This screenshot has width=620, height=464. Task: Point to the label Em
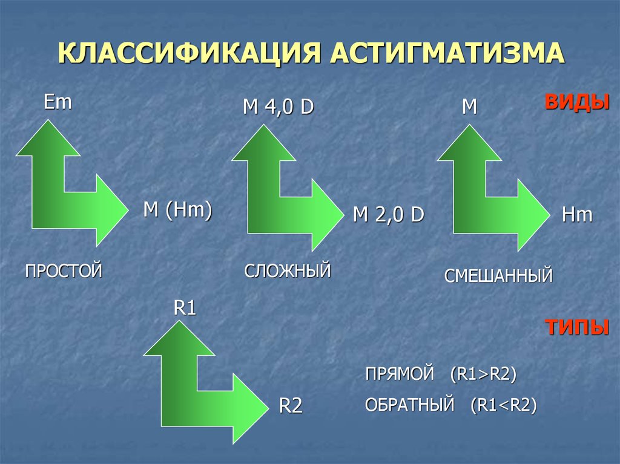point(58,102)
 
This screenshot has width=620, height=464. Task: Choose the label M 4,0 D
point(278,108)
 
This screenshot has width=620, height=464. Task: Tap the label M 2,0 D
point(388,215)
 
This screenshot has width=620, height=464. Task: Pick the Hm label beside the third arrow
point(577,215)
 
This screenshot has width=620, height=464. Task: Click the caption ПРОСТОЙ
point(63,270)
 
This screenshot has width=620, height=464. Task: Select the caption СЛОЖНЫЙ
point(288,270)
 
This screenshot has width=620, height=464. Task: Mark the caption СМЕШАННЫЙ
point(498,276)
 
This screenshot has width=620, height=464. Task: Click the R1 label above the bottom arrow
point(185,309)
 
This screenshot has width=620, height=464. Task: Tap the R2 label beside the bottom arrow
point(290,405)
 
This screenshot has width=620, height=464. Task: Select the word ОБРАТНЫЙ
point(409,405)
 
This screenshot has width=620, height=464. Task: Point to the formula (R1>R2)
point(483,373)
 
